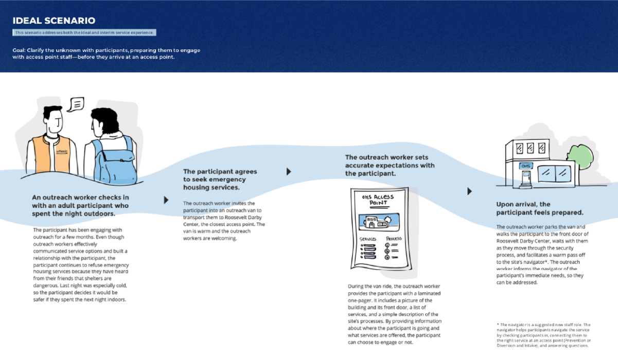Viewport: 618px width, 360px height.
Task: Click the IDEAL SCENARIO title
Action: click(54, 21)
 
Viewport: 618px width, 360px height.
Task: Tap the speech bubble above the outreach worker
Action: click(77, 104)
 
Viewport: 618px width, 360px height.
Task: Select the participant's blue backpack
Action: click(114, 156)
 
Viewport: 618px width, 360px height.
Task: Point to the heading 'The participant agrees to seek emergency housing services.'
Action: click(220, 179)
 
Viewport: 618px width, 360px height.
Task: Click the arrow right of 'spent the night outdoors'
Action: click(166, 200)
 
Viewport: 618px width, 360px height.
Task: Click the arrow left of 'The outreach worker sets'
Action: click(289, 171)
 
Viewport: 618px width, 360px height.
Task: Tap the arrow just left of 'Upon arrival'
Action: click(469, 191)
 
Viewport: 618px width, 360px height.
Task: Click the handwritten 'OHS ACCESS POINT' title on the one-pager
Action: click(379, 200)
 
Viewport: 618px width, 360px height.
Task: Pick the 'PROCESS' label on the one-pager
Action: click(394, 239)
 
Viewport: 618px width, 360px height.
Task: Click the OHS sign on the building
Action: click(525, 166)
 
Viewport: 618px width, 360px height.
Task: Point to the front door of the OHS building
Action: click(525, 178)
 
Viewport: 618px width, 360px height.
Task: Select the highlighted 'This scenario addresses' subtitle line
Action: click(84, 32)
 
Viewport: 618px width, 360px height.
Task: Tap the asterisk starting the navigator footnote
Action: click(498, 325)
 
